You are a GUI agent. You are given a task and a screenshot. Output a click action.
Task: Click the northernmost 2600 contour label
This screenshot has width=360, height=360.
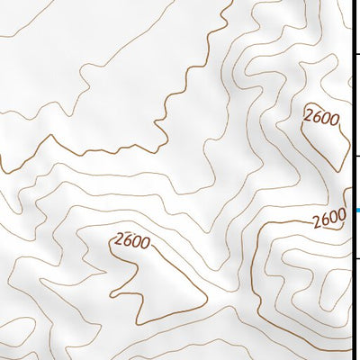[x=320, y=118]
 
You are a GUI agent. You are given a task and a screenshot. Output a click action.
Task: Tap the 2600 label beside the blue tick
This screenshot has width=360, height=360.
[x=329, y=219]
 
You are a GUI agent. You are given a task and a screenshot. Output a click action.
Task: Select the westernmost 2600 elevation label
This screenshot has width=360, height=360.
[x=131, y=241]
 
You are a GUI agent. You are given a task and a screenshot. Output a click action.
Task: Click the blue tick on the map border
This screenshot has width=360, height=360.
[x=356, y=211]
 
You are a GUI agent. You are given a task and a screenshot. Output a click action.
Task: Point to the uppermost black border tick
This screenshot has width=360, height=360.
[x=356, y=54]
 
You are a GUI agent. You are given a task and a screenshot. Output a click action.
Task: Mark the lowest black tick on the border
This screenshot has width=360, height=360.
[x=356, y=258]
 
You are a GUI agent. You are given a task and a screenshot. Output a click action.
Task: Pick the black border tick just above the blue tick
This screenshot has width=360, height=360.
[x=356, y=156]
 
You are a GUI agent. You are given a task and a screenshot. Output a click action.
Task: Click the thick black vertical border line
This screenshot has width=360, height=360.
[x=352, y=180]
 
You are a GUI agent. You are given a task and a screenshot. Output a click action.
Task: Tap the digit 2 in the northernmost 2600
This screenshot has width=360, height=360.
[x=310, y=113]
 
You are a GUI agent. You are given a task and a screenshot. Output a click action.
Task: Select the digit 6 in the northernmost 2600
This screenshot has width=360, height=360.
[x=317, y=116]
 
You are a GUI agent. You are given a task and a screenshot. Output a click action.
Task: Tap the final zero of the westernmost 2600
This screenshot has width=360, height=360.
[x=144, y=244]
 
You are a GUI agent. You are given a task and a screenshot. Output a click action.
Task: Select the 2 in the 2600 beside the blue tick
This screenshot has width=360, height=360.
[x=317, y=221]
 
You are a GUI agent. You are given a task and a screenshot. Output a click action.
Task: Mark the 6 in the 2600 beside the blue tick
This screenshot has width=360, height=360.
[x=325, y=220]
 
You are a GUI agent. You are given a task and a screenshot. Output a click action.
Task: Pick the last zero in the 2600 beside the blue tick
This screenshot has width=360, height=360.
[x=341, y=216]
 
